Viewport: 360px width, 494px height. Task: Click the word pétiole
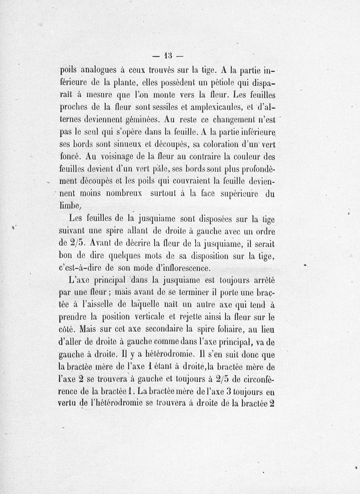click(x=209, y=84)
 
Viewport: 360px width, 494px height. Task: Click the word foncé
click(x=70, y=158)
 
